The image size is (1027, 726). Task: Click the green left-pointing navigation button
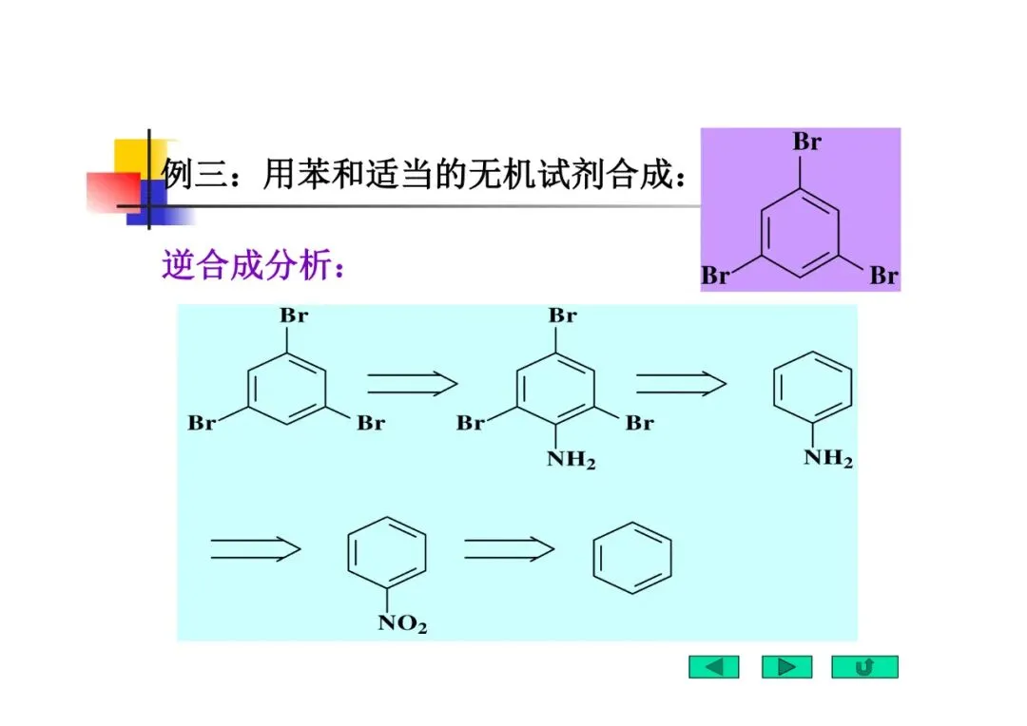click(x=713, y=667)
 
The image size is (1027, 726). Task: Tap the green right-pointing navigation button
click(x=786, y=667)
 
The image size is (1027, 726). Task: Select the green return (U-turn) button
click(x=864, y=667)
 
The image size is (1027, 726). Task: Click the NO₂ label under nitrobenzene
click(x=402, y=624)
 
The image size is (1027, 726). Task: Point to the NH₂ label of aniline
click(x=828, y=459)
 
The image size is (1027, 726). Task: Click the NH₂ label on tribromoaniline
click(x=571, y=462)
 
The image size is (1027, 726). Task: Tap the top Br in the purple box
click(x=806, y=143)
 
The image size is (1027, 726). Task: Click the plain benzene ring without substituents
click(x=632, y=556)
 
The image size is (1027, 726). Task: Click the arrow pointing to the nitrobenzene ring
click(x=255, y=548)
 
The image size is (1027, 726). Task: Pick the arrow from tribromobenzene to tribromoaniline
click(x=412, y=383)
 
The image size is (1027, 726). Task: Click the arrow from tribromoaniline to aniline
click(x=681, y=383)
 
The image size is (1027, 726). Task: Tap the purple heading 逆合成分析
click(x=252, y=266)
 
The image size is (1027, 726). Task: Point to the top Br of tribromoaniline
click(x=562, y=315)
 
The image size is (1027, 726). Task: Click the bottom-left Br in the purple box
click(x=715, y=277)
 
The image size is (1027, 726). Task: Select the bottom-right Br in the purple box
click(x=883, y=277)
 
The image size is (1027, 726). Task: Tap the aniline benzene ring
click(x=811, y=392)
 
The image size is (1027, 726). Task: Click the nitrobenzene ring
click(x=386, y=556)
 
